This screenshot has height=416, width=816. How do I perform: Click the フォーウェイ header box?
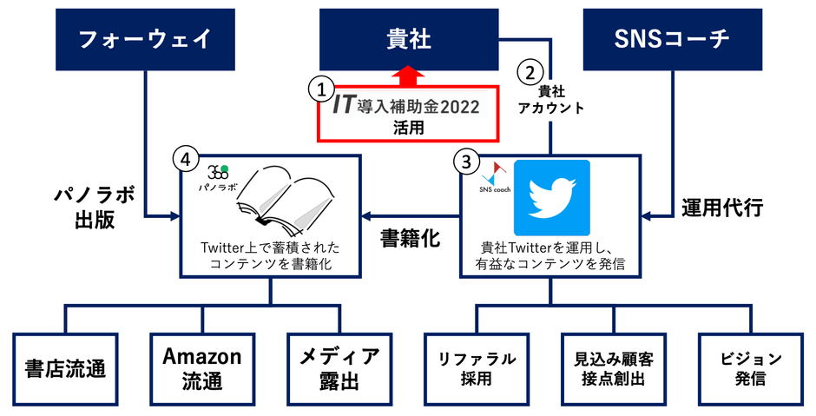tap(145, 40)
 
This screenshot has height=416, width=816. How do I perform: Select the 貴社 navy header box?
tap(409, 40)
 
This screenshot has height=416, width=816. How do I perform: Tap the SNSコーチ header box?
tap(673, 40)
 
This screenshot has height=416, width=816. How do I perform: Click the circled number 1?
tap(321, 89)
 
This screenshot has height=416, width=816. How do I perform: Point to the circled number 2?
tap(530, 72)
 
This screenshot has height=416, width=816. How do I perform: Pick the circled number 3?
tap(466, 162)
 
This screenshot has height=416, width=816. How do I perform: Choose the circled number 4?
tap(186, 160)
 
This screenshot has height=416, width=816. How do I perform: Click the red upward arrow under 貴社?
tap(409, 76)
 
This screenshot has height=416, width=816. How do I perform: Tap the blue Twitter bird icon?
tap(551, 198)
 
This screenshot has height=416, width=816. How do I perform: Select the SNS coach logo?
tap(495, 177)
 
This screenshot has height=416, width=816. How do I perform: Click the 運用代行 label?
tap(722, 208)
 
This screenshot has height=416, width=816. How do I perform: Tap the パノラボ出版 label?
tap(95, 208)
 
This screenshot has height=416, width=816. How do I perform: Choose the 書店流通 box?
tap(66, 369)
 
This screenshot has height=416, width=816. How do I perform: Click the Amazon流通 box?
tap(202, 369)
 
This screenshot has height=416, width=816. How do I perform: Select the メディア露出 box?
tap(339, 369)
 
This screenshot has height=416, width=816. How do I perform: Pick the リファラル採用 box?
tap(477, 369)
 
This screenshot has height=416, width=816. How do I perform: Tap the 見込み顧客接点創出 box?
tap(614, 369)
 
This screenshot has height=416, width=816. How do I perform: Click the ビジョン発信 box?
tap(750, 369)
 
